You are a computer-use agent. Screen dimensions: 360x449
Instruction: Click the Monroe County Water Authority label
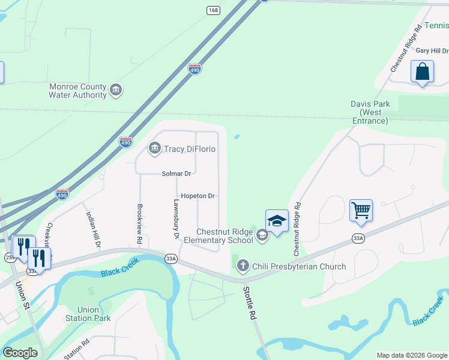(77, 91)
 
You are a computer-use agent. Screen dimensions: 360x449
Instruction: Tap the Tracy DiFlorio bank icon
(154, 148)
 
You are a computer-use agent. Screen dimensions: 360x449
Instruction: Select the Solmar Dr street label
(176, 173)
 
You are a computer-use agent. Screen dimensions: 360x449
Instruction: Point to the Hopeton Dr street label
(197, 196)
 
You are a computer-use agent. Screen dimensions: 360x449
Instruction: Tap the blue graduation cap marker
(277, 221)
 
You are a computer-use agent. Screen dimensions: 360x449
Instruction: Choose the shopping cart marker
(361, 211)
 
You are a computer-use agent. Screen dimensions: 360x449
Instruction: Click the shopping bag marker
(422, 71)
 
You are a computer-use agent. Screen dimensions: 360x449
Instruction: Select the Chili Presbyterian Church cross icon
(243, 265)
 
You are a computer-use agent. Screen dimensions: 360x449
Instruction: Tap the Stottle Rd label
(250, 304)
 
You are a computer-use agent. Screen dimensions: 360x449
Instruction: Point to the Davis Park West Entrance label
(370, 112)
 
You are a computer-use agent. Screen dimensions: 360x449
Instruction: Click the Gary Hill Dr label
(432, 52)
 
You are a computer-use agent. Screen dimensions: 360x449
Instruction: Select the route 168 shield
(213, 10)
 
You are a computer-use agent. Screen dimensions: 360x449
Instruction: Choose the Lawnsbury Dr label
(176, 219)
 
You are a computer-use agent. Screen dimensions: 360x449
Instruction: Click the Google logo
(20, 353)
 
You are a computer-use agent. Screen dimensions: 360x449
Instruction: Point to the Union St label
(22, 295)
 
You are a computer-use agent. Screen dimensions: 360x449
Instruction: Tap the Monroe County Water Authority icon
(116, 91)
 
